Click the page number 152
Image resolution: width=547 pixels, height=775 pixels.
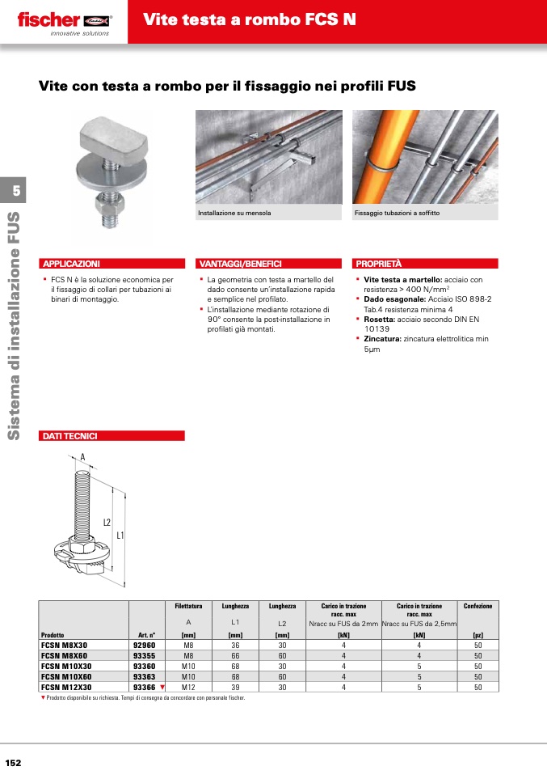13,763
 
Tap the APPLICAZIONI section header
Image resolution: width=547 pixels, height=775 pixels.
71,264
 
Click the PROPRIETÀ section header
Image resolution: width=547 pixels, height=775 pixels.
379,264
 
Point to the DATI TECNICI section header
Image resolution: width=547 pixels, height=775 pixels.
70,436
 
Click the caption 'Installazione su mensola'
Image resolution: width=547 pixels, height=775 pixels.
235,214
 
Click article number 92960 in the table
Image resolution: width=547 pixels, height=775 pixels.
144,645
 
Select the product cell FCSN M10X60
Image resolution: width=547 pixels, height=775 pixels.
66,676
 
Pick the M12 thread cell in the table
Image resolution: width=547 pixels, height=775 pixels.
188,687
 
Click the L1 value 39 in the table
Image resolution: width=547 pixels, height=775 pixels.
235,687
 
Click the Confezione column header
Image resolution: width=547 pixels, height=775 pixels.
478,606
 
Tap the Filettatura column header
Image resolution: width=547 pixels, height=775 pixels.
188,606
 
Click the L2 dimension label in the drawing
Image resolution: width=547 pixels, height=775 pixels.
106,523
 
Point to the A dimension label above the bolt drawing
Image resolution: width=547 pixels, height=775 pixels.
82,457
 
